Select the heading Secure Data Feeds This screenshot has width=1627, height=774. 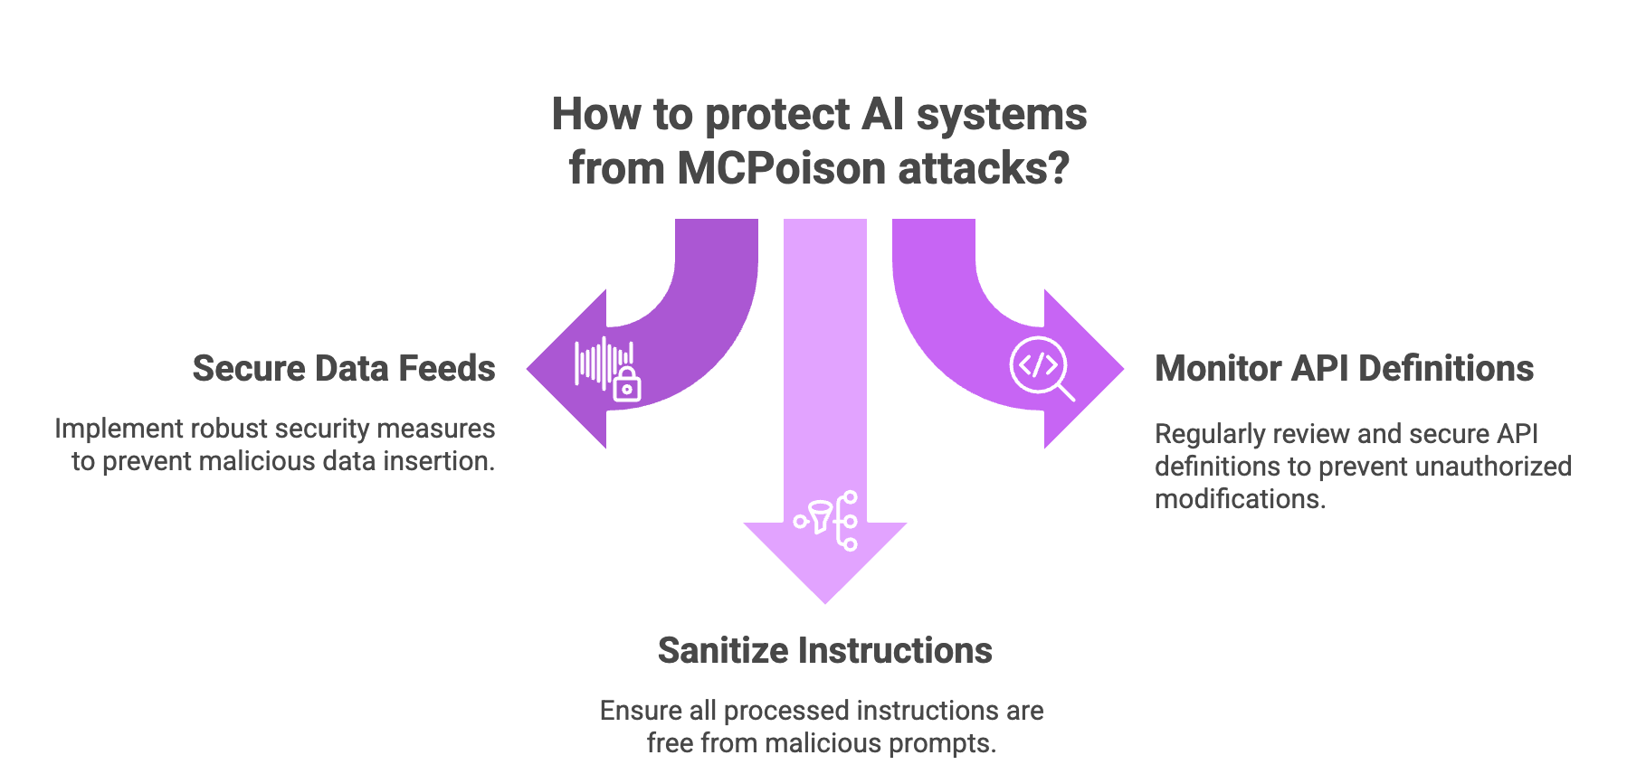point(344,369)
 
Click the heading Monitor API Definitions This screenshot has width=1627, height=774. point(1344,369)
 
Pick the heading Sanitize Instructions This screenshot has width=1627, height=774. point(824,651)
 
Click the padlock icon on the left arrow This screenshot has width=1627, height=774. point(626,385)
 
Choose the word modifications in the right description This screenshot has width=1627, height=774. point(1240,499)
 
